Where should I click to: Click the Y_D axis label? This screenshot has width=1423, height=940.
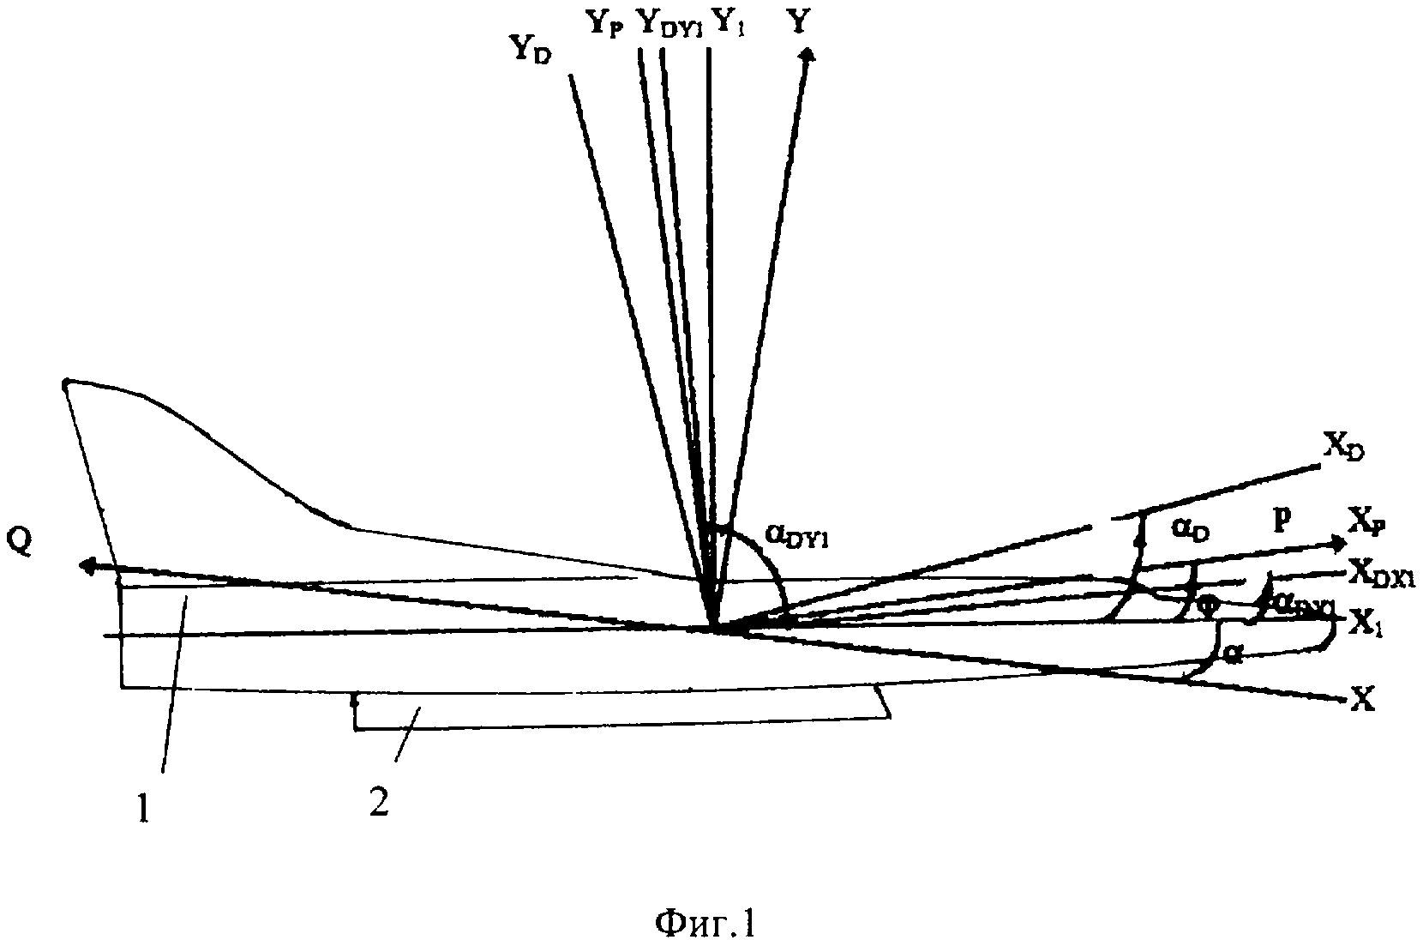[x=531, y=51]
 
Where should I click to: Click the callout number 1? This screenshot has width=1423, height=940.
[x=143, y=808]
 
